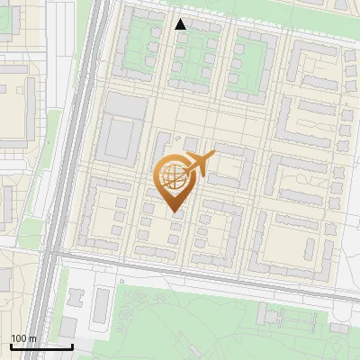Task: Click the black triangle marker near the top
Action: [x=181, y=24]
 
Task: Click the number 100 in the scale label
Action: [x=19, y=338]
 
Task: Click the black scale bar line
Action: [x=41, y=346]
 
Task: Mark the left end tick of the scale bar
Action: [x=11, y=346]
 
